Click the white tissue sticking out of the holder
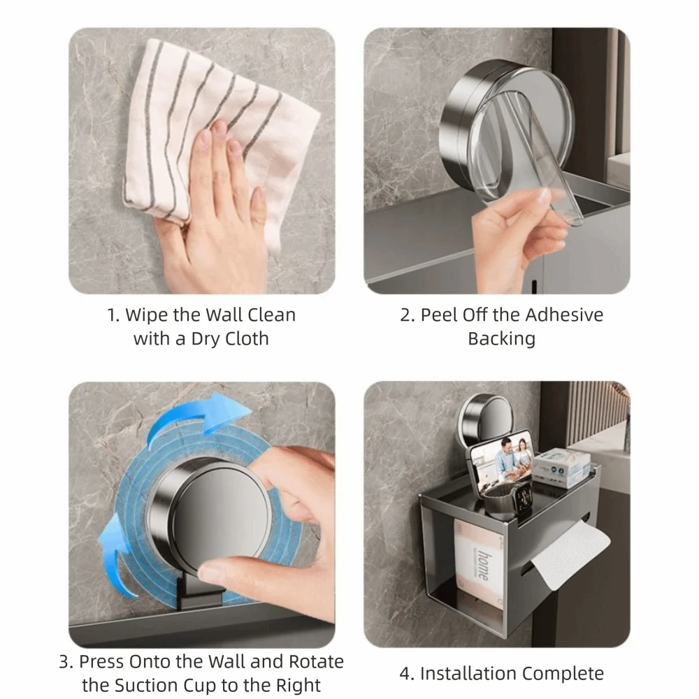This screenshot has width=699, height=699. click(x=570, y=552)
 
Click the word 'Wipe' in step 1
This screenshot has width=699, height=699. click(x=147, y=315)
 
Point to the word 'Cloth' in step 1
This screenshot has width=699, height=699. click(x=247, y=339)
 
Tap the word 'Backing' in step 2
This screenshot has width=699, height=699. click(x=501, y=339)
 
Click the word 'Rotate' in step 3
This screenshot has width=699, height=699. click(x=317, y=661)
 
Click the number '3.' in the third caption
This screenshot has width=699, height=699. click(x=66, y=661)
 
